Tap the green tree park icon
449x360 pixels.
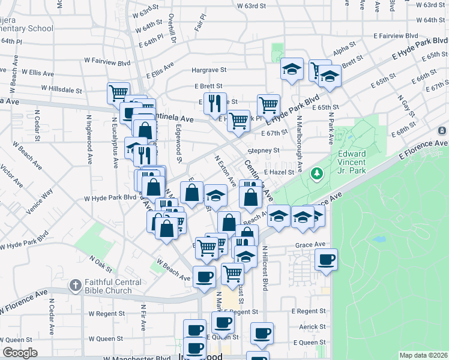[x=316, y=174]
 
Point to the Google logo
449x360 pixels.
[x=20, y=353]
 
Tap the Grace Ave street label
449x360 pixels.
[x=310, y=245]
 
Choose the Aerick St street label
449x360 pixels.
[x=313, y=327]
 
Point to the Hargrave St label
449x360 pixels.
[x=208, y=70]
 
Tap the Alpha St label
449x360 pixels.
[x=345, y=48]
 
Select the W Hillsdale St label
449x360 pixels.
[x=62, y=89]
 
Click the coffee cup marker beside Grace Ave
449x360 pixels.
[x=326, y=260]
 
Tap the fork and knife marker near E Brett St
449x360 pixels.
[x=214, y=103]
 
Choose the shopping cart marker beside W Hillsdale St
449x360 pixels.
[x=119, y=93]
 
